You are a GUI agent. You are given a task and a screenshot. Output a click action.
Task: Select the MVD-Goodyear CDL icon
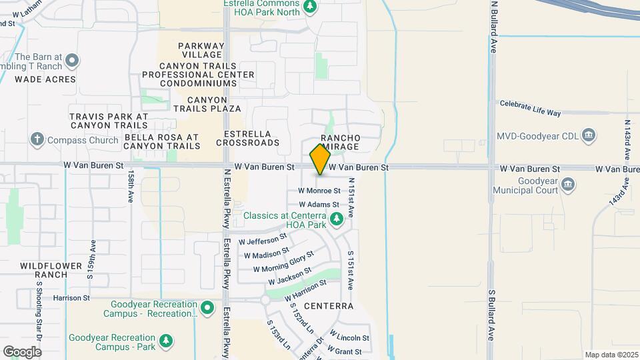tap(589, 136)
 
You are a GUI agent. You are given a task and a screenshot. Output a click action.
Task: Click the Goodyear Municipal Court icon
tap(568, 183)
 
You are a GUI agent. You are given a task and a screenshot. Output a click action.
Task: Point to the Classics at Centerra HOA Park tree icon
tap(337, 217)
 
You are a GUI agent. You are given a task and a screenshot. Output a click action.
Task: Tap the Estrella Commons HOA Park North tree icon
tap(309, 7)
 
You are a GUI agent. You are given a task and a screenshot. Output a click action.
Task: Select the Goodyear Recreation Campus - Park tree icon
tap(166, 342)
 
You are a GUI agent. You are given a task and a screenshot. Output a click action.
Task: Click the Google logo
tap(22, 351)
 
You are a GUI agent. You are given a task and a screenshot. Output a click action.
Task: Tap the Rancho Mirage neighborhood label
tap(340, 142)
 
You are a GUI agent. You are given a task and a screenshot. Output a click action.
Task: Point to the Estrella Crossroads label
tap(248, 138)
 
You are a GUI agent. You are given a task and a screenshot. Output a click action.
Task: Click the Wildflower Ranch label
tap(45, 270)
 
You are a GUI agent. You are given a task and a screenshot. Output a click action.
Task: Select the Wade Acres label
tap(45, 79)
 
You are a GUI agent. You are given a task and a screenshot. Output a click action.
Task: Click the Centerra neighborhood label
tap(328, 306)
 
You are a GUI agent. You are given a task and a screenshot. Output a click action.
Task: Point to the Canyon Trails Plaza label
tap(207, 104)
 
